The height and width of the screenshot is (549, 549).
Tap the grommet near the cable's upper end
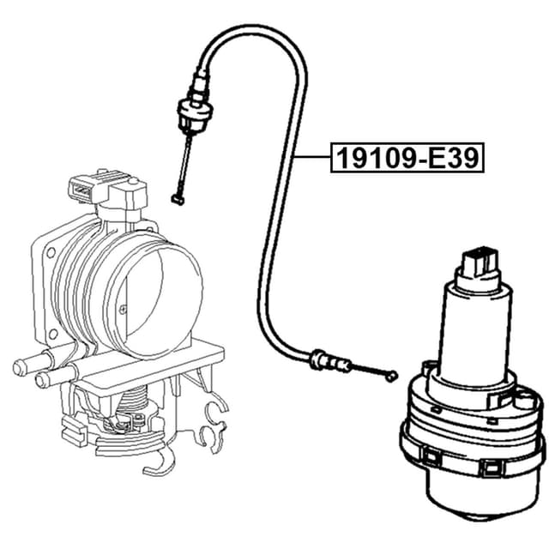tap(190, 111)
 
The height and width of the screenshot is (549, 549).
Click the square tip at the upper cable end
tap(178, 199)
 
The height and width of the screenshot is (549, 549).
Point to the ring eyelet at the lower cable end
tap(392, 375)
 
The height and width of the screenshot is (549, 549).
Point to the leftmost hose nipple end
tap(19, 368)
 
